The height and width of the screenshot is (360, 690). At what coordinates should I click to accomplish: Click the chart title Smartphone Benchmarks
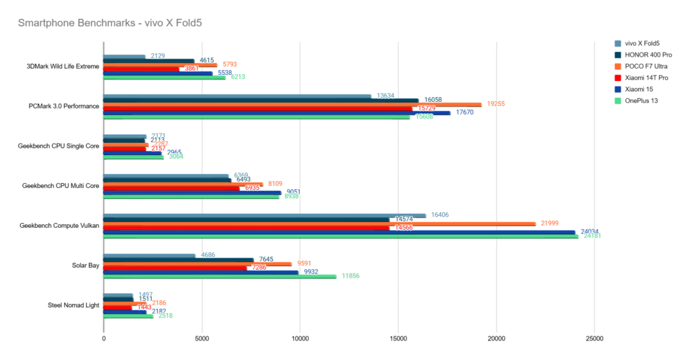pyautogui.click(x=110, y=22)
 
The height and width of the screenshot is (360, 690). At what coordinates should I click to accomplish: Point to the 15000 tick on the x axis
pyautogui.click(x=398, y=338)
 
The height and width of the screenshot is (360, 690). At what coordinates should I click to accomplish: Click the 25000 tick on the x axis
pyautogui.click(x=594, y=338)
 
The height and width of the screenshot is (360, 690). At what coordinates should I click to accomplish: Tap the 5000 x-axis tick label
pyautogui.click(x=201, y=338)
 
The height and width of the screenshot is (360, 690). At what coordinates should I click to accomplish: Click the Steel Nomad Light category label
pyautogui.click(x=73, y=305)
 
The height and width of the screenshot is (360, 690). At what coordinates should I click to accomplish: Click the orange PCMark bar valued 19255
pyautogui.click(x=292, y=104)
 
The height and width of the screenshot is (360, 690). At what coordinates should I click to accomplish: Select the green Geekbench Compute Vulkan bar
pyautogui.click(x=340, y=237)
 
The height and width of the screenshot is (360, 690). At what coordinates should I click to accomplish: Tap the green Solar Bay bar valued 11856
pyautogui.click(x=220, y=276)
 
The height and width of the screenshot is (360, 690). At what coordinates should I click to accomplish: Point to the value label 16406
pyautogui.click(x=441, y=215)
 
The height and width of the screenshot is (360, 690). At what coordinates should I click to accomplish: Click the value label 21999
pyautogui.click(x=551, y=223)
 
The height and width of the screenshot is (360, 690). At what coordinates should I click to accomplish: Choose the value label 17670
pyautogui.click(x=465, y=112)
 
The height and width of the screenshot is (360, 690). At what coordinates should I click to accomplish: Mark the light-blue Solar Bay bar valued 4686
pyautogui.click(x=149, y=256)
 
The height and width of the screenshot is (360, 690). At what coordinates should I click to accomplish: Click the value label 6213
pyautogui.click(x=239, y=77)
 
